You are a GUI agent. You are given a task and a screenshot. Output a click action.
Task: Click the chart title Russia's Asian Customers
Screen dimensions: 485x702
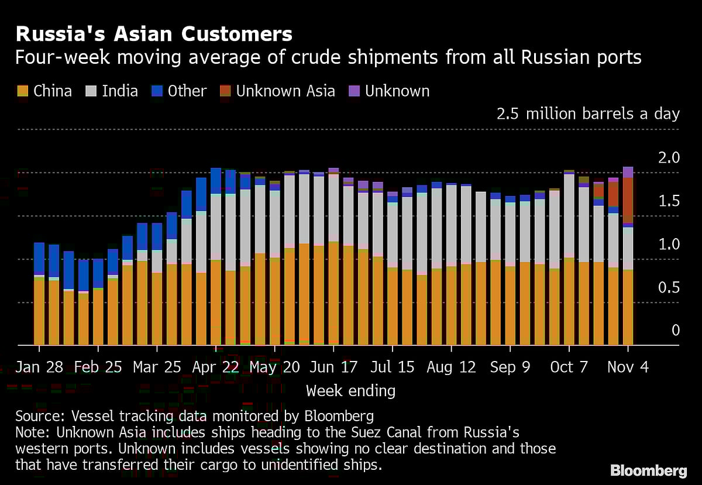click(x=154, y=35)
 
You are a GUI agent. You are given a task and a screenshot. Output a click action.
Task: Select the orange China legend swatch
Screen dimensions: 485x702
click(x=23, y=91)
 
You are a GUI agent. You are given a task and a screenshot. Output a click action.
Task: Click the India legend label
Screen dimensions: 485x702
click(x=120, y=91)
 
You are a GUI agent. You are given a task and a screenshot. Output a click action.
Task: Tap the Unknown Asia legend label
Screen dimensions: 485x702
click(x=285, y=91)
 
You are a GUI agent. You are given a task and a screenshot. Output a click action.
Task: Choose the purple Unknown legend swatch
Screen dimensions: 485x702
click(x=354, y=91)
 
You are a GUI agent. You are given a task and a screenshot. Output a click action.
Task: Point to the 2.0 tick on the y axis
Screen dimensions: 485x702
click(x=668, y=158)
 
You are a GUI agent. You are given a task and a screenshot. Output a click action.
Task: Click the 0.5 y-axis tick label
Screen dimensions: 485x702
click(x=668, y=288)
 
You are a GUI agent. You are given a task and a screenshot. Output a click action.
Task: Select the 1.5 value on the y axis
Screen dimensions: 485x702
click(x=668, y=201)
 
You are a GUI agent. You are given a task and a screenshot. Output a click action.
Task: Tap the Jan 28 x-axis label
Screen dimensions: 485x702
click(x=39, y=367)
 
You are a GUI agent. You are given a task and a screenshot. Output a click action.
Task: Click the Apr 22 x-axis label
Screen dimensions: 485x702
click(x=215, y=367)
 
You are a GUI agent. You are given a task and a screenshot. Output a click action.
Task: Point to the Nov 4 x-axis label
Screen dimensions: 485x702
click(x=628, y=367)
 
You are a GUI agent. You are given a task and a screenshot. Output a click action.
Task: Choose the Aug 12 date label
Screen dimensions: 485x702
click(x=451, y=367)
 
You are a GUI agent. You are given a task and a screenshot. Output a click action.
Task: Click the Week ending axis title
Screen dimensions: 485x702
click(x=350, y=390)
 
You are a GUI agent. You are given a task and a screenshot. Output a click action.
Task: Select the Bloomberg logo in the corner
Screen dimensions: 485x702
click(x=648, y=470)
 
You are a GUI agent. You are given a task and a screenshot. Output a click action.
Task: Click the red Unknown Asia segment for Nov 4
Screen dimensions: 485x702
click(x=628, y=199)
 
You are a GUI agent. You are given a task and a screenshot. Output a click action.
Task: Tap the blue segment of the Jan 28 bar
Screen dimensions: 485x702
click(x=39, y=258)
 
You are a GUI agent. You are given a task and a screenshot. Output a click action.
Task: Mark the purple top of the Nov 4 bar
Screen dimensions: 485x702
click(x=628, y=172)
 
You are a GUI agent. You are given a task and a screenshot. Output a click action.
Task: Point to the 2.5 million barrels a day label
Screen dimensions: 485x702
click(x=588, y=113)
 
